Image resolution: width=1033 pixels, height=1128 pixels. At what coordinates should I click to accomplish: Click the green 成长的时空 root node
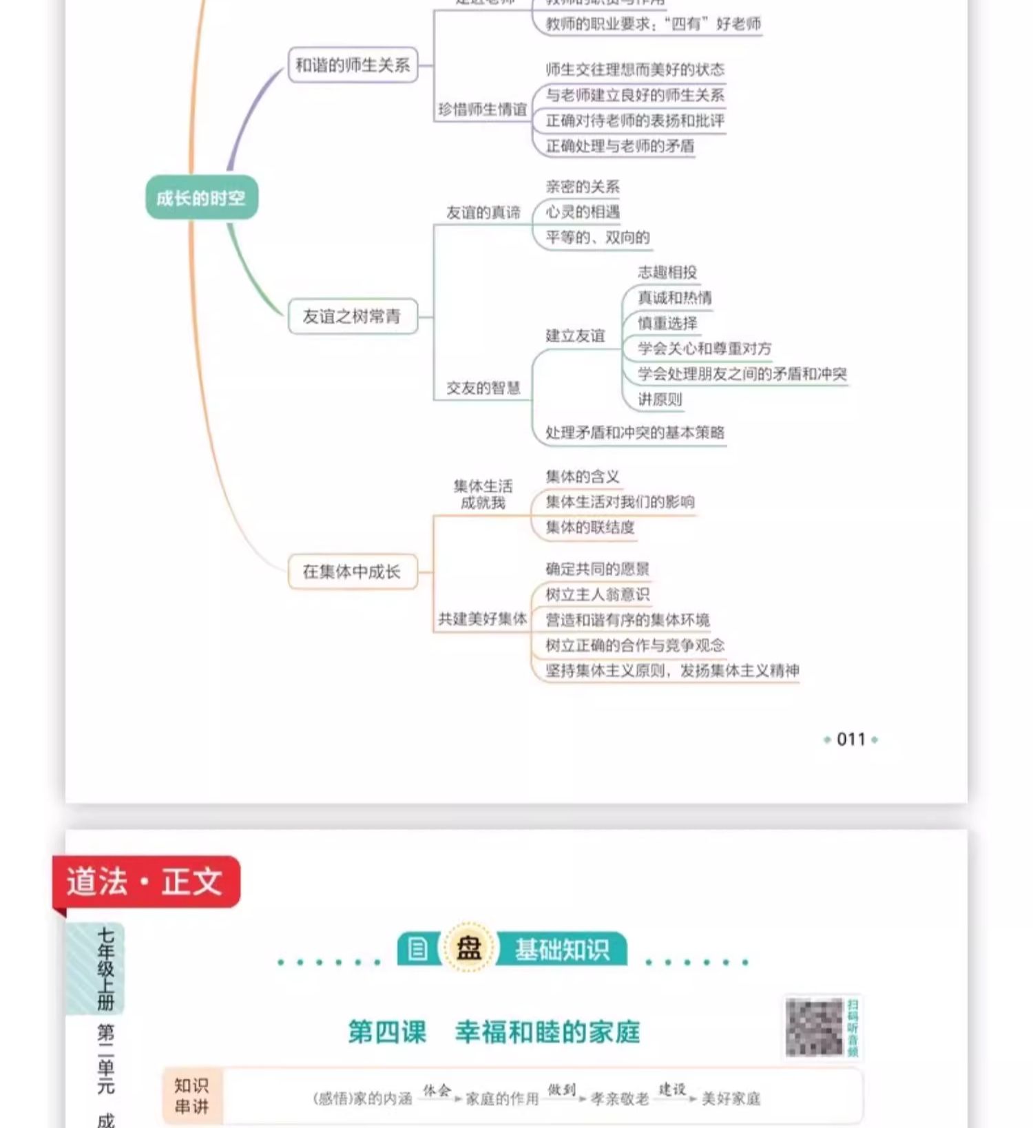[201, 198]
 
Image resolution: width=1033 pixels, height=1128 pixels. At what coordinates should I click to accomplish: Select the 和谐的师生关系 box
[353, 65]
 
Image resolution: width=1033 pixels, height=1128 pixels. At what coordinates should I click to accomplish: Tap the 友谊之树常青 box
[353, 317]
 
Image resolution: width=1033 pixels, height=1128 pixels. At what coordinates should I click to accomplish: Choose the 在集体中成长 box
[353, 572]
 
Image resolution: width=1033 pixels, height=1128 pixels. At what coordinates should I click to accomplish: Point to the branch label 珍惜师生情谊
[482, 109]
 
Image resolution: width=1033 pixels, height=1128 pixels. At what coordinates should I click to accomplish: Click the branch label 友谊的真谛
[483, 213]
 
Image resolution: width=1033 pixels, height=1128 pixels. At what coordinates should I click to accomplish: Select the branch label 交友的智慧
[483, 388]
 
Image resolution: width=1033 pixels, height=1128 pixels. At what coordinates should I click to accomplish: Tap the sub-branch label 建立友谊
[575, 336]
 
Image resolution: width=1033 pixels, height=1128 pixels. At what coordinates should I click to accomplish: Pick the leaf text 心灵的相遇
[583, 212]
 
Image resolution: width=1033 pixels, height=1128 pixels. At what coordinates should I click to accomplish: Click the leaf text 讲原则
[660, 399]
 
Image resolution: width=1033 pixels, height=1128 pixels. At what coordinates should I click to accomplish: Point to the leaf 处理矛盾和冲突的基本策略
[634, 432]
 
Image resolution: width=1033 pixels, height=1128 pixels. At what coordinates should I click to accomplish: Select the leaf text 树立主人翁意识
[597, 594]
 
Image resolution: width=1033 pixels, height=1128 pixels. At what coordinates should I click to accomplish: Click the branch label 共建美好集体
[482, 619]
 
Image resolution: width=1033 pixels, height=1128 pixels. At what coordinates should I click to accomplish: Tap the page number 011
[851, 740]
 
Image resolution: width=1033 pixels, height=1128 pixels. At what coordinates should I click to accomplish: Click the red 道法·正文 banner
[146, 882]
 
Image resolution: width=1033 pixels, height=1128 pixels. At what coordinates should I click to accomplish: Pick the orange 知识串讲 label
[191, 1096]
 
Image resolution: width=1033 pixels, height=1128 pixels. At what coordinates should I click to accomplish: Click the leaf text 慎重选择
[667, 323]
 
